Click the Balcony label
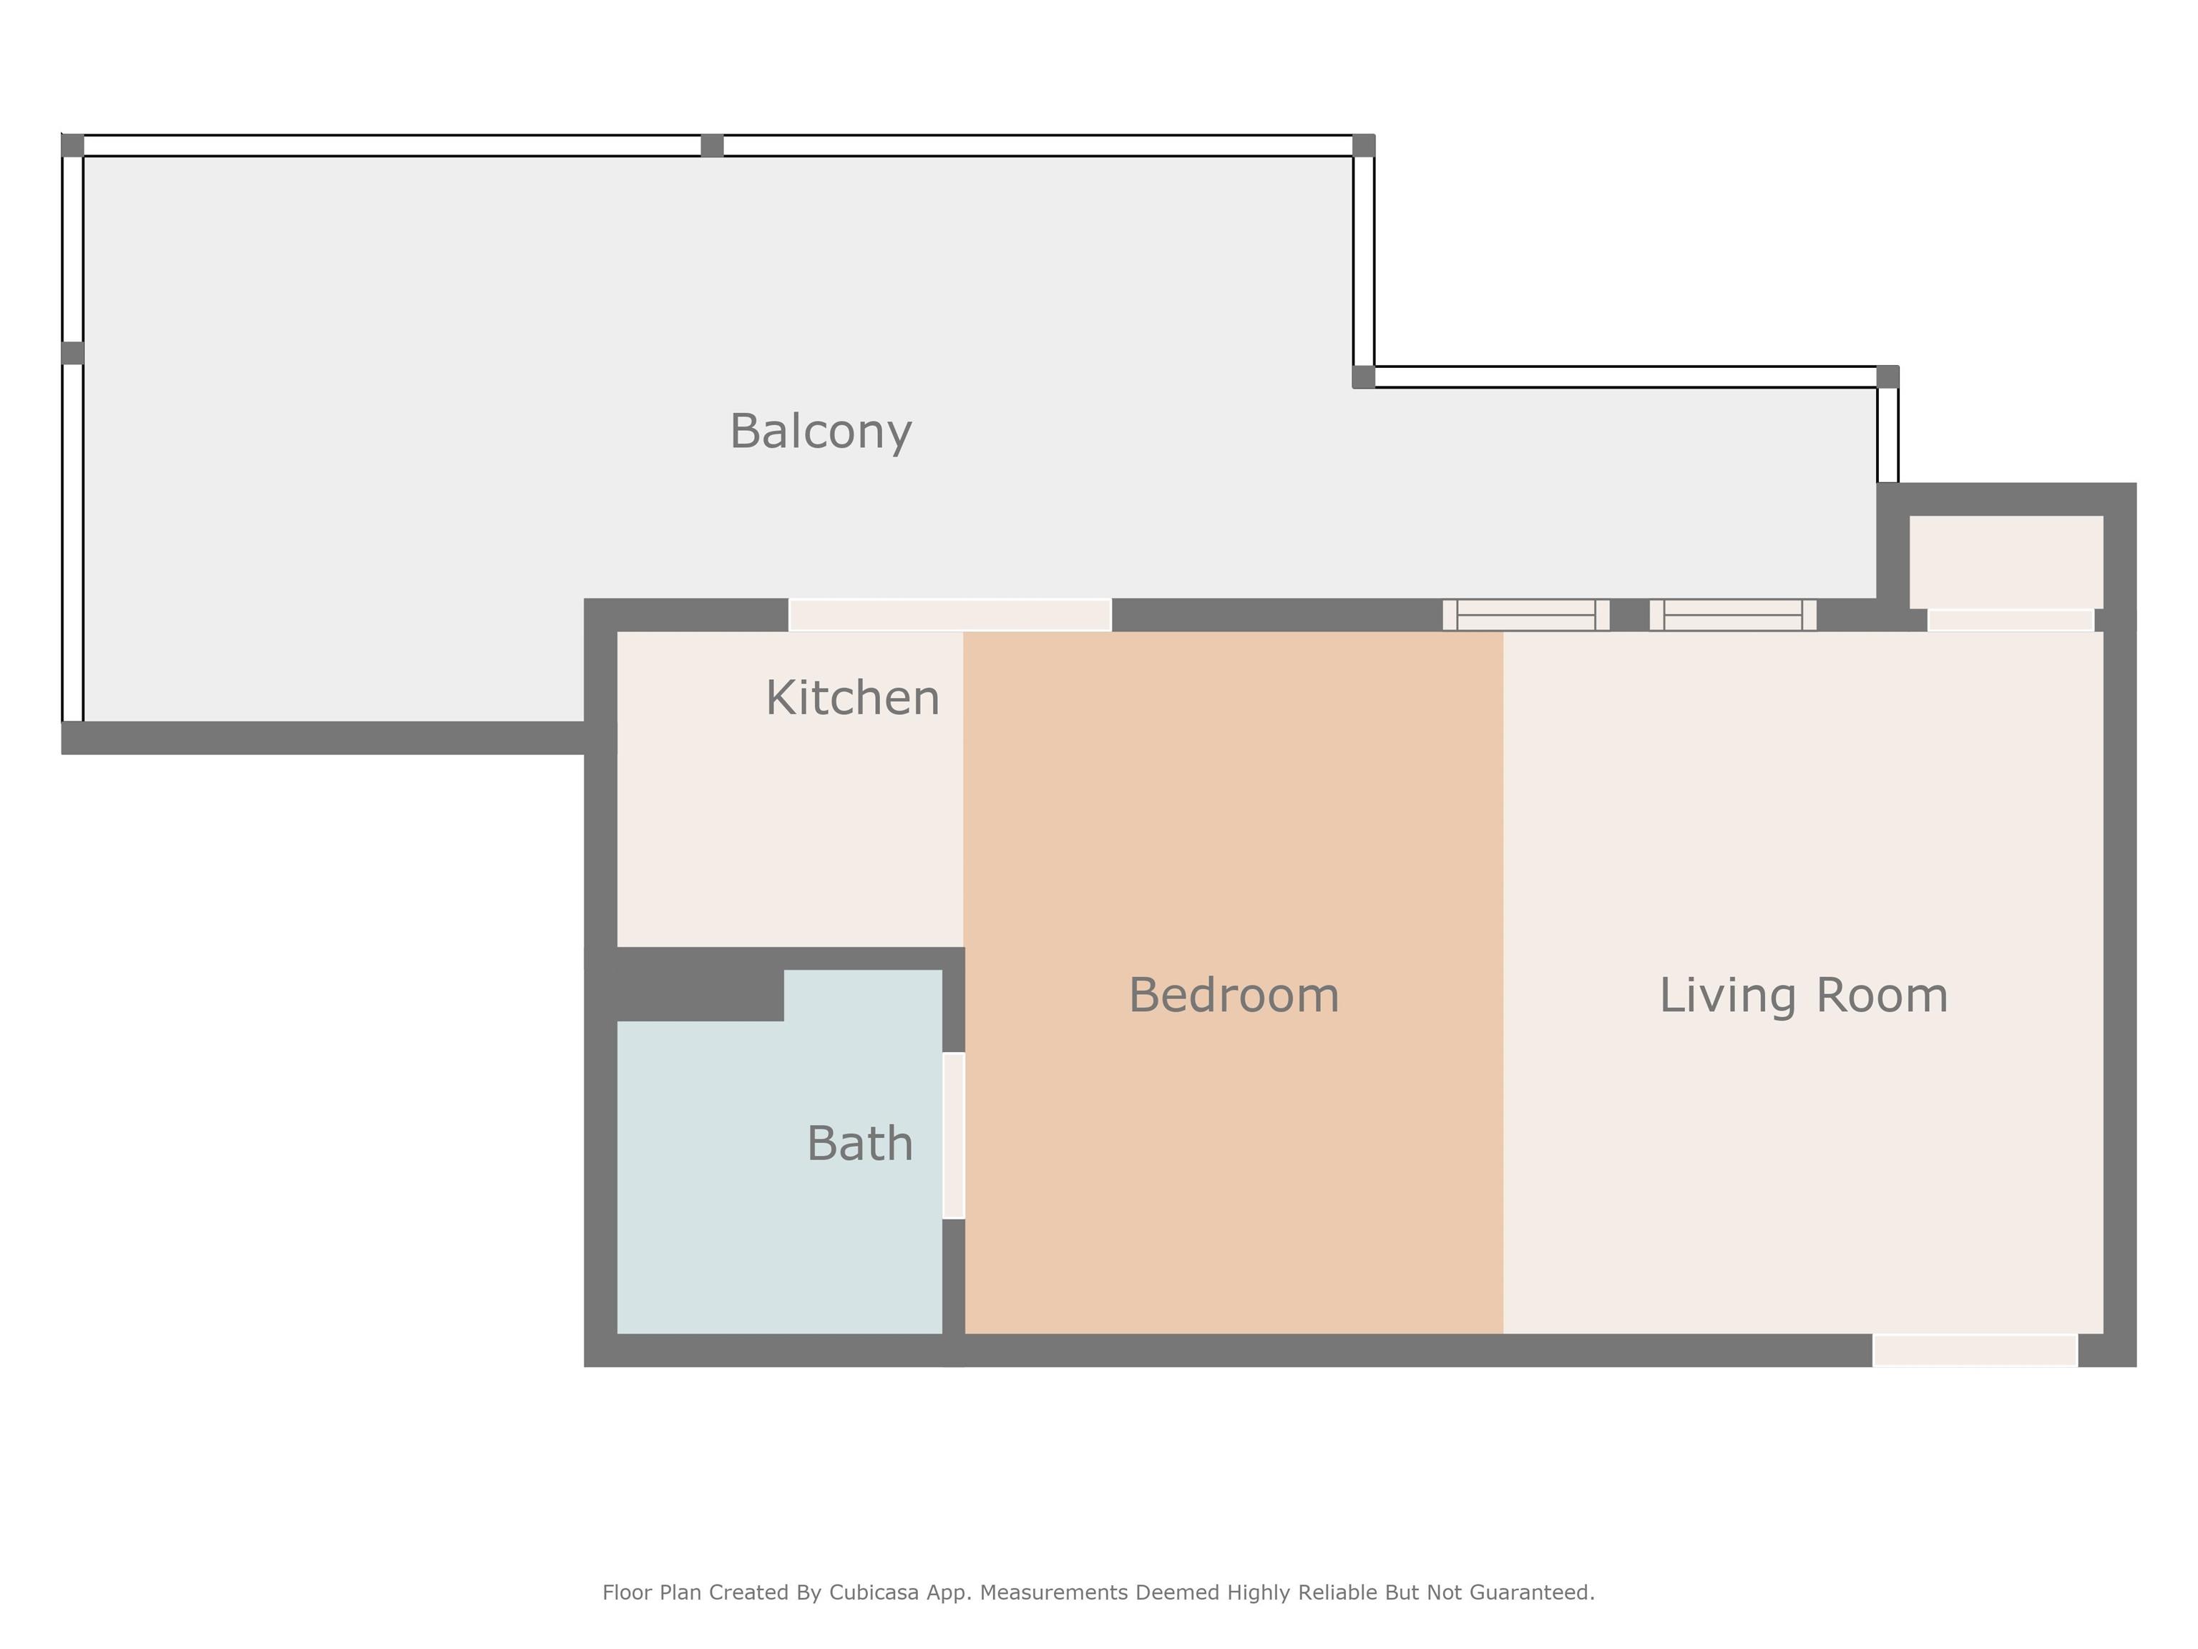[x=821, y=432]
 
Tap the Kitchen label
[x=853, y=698]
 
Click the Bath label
[x=859, y=1143]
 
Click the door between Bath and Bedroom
[x=953, y=1135]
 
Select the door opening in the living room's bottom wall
[x=1975, y=1351]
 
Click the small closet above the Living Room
[x=2006, y=562]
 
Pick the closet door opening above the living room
[x=2011, y=621]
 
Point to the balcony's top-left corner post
[x=72, y=145]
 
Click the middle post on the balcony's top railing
[x=713, y=146]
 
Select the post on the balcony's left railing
[x=72, y=353]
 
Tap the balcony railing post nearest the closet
[x=1888, y=376]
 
